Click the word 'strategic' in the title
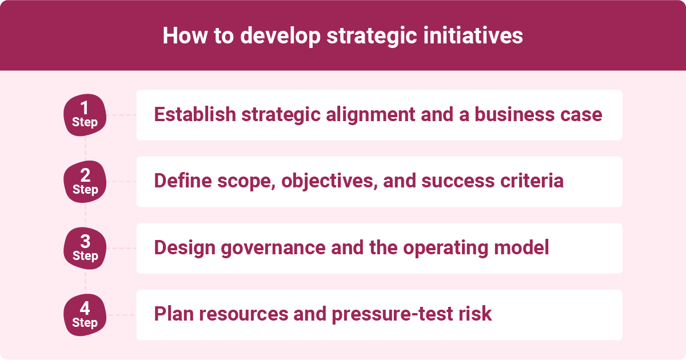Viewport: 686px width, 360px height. coord(388,35)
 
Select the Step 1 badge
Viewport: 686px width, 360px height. coord(85,115)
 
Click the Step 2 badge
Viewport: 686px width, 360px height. coord(85,182)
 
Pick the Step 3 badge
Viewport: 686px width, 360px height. coord(85,249)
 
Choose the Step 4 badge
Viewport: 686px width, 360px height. coord(85,315)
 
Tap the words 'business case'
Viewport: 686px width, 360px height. coord(536,114)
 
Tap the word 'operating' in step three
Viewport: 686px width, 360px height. coord(441,248)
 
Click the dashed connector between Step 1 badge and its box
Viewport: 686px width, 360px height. coord(122,115)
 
